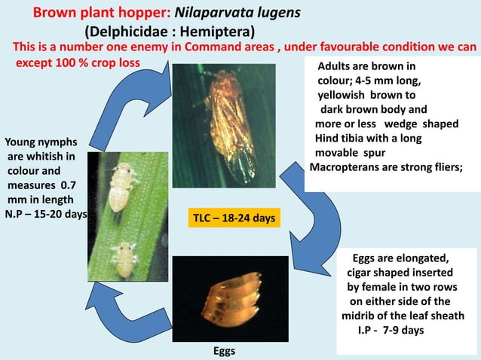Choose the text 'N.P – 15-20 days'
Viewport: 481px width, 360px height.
[46, 214]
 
